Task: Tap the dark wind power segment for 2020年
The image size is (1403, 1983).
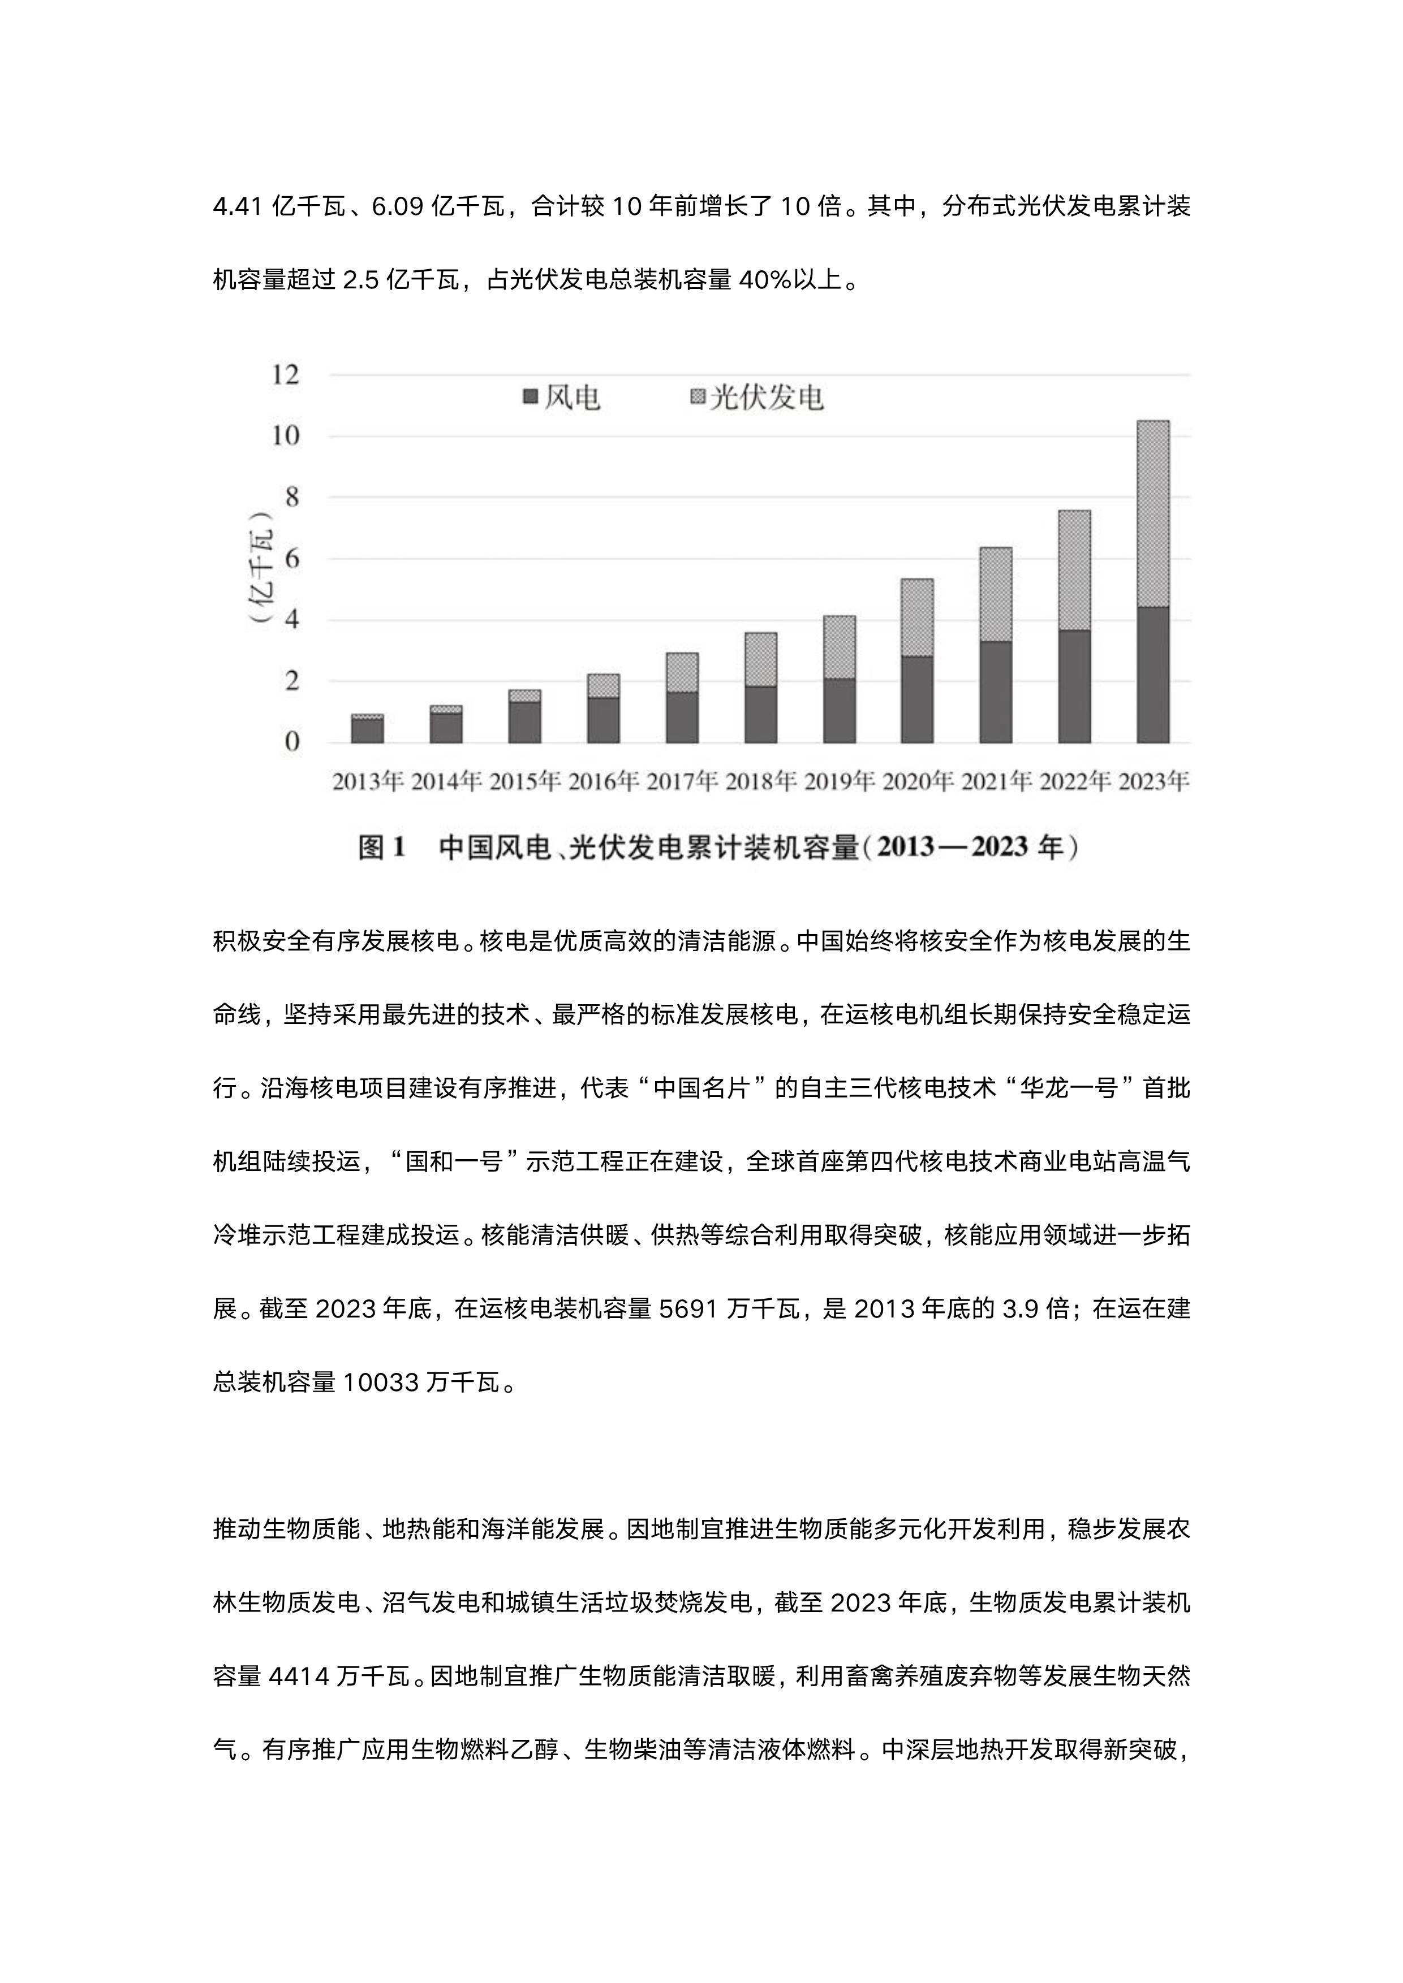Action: click(x=916, y=699)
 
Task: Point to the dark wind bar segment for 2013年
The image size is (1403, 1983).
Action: click(x=367, y=731)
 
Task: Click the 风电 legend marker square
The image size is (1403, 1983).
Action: click(x=531, y=398)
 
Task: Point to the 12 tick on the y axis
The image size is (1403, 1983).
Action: click(x=285, y=375)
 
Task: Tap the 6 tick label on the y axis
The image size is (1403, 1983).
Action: click(x=291, y=559)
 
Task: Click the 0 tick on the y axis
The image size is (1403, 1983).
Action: click(x=291, y=742)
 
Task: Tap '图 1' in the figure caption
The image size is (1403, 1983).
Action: click(x=382, y=847)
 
